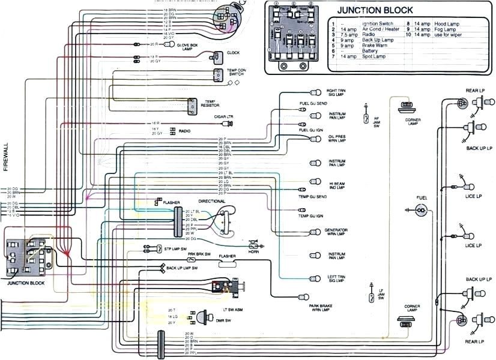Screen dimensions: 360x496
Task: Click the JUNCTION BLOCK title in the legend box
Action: [x=375, y=10]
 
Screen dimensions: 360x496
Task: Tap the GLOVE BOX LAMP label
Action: [x=190, y=47]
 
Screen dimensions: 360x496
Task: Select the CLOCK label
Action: [x=233, y=53]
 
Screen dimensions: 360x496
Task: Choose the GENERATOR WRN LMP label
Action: [x=336, y=232]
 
